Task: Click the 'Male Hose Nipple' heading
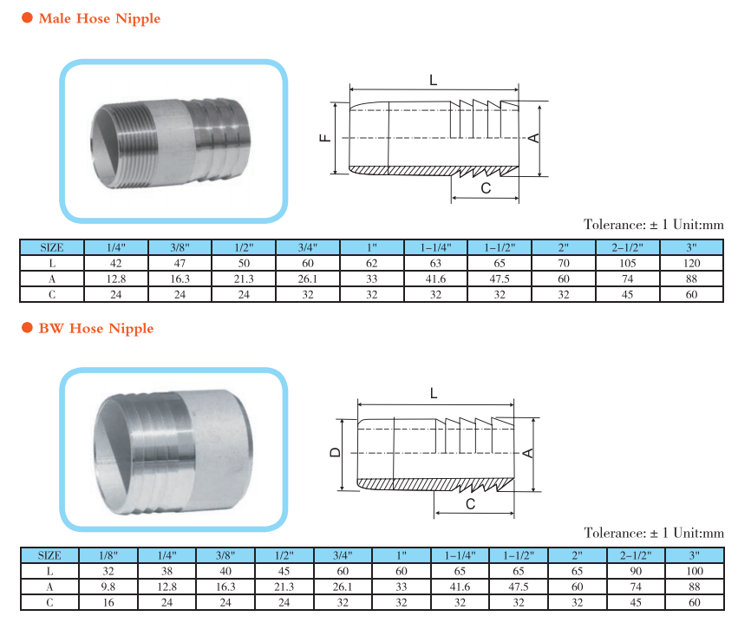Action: click(99, 18)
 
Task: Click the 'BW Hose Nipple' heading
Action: click(95, 329)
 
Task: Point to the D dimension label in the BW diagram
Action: click(334, 453)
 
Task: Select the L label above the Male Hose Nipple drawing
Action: click(433, 80)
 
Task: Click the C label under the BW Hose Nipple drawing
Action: click(470, 504)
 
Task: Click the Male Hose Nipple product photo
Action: click(173, 140)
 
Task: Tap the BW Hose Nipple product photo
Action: click(173, 449)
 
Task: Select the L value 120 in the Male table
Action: click(691, 263)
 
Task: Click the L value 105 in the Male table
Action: click(628, 263)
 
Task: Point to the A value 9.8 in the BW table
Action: click(108, 587)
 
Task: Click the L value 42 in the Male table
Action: click(116, 263)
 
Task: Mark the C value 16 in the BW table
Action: click(108, 602)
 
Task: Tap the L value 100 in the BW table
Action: click(694, 571)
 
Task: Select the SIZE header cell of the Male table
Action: click(52, 247)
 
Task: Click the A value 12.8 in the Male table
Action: click(116, 279)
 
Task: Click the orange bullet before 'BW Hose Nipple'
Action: click(27, 329)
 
